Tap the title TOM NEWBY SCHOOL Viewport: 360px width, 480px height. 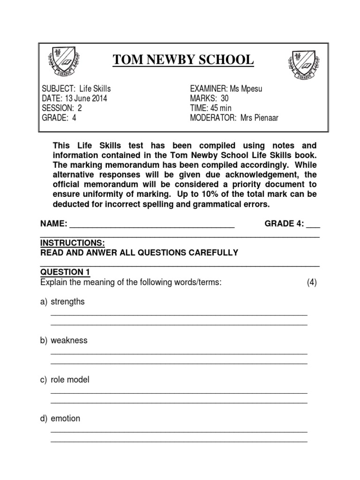point(183,60)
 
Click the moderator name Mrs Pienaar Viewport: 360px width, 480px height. point(259,118)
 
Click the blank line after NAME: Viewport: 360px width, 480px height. point(152,225)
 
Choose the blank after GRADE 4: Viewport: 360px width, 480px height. point(313,225)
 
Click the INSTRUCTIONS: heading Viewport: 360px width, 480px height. point(73,243)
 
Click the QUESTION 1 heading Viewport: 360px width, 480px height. point(65,272)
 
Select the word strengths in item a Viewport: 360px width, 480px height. point(67,302)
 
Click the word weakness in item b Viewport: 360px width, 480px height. point(69,341)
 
